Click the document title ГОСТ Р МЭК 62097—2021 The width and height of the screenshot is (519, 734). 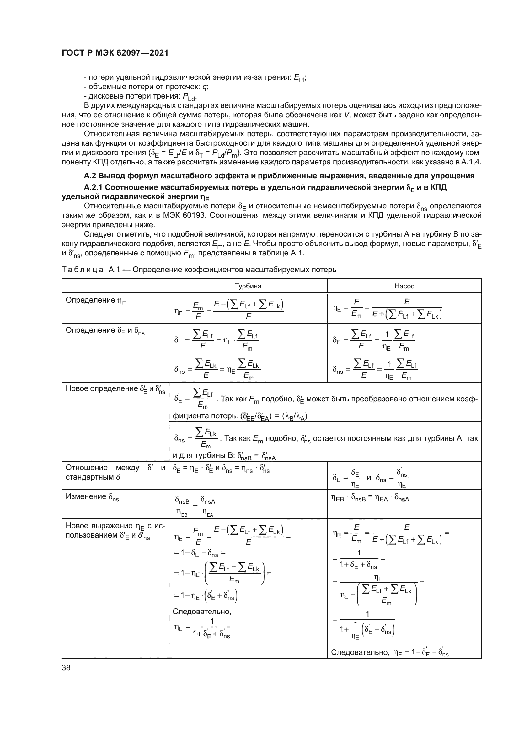[x=115, y=53]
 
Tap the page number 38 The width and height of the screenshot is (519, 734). [x=66, y=667]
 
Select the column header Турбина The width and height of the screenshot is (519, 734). [x=248, y=286]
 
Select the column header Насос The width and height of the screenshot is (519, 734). [x=404, y=286]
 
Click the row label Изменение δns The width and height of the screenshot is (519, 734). [x=92, y=497]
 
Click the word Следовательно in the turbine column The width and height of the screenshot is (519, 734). [x=202, y=612]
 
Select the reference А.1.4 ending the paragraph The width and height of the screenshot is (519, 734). [x=471, y=162]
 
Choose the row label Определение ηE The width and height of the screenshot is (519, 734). [x=96, y=301]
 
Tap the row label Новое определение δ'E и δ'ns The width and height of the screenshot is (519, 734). [x=115, y=389]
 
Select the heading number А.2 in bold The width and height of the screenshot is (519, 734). [x=90, y=176]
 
